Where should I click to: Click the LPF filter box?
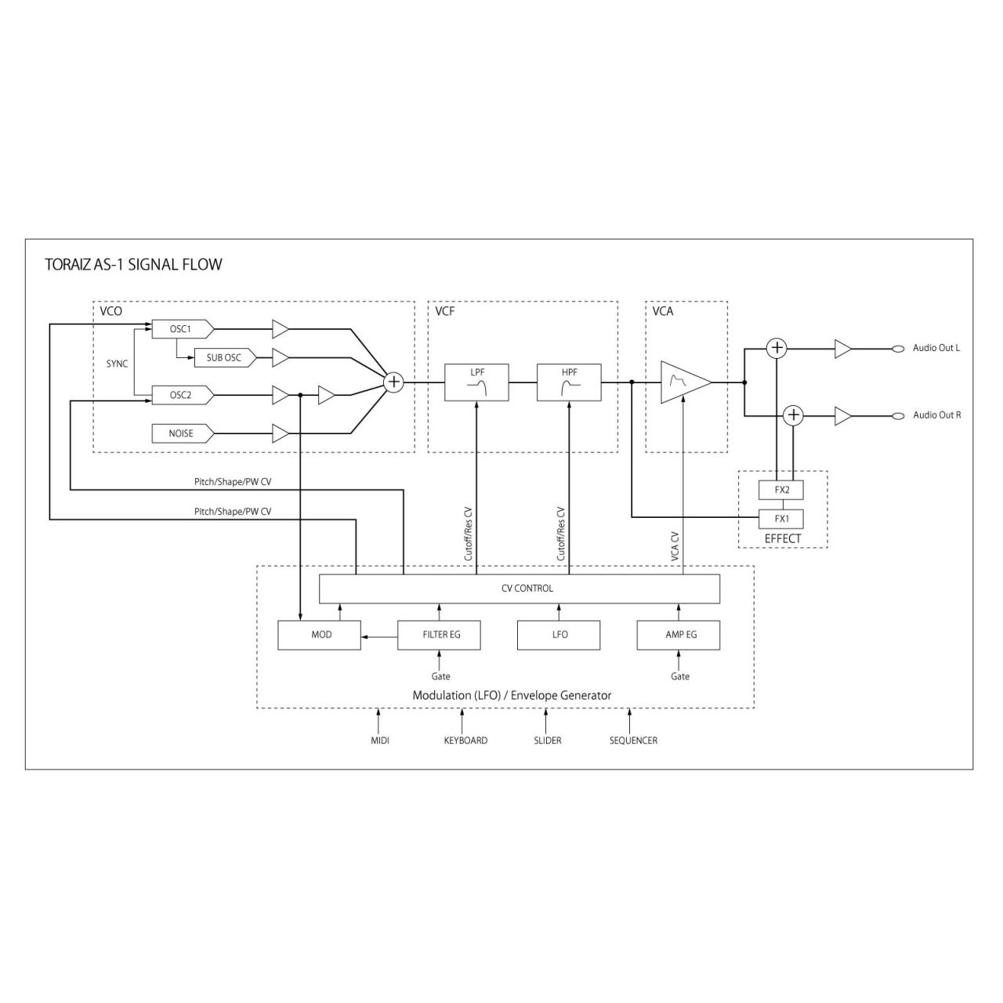[477, 382]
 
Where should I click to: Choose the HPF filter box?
[569, 382]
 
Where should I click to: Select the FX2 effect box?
[781, 490]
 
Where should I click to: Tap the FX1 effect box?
[781, 519]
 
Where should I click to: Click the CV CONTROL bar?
[519, 588]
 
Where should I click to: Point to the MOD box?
[320, 635]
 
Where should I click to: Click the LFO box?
[559, 635]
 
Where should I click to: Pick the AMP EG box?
[680, 635]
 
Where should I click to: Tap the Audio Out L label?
[936, 348]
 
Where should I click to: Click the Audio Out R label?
[936, 415]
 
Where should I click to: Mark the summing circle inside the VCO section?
[393, 382]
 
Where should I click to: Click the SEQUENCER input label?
[633, 740]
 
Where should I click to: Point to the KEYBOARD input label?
[465, 740]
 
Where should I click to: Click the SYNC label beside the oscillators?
[118, 364]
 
